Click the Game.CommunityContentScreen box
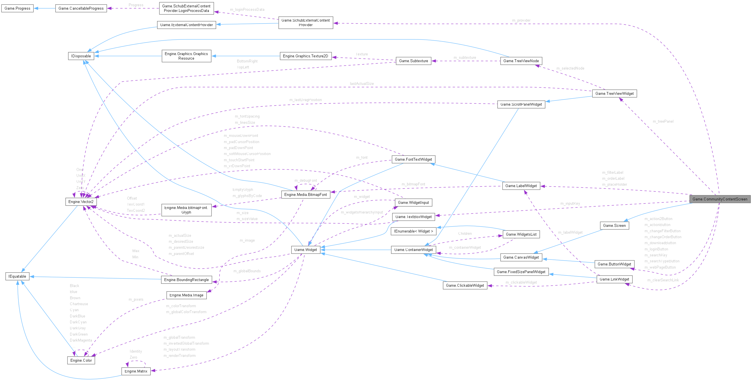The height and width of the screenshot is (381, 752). click(x=720, y=199)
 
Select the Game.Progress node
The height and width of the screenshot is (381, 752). click(x=17, y=8)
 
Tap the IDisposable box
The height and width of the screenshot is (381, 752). click(x=81, y=56)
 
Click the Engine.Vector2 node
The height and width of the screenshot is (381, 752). click(x=81, y=202)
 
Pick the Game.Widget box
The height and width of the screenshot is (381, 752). click(x=305, y=250)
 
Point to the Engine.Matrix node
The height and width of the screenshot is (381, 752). click(x=136, y=371)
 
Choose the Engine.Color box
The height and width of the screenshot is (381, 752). click(x=81, y=360)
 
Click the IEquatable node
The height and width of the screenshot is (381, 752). click(x=17, y=276)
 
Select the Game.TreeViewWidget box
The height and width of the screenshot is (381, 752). click(x=614, y=93)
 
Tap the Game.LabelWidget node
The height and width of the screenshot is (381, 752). click(x=521, y=186)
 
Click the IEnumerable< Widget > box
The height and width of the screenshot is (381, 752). click(x=413, y=231)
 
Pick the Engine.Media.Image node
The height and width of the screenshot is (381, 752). click(x=186, y=295)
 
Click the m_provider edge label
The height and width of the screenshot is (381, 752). click(x=521, y=20)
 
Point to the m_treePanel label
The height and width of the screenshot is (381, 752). click(x=663, y=121)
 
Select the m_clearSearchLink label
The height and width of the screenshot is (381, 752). click(x=663, y=280)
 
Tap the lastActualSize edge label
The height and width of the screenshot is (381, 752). click(x=362, y=83)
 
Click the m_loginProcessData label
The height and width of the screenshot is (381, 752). click(x=247, y=10)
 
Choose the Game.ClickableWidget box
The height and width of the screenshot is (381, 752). click(x=465, y=285)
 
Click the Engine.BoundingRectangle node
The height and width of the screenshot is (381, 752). click(x=186, y=280)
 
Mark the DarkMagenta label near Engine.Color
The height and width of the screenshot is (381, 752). click(x=81, y=340)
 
